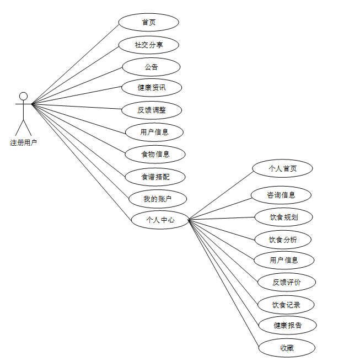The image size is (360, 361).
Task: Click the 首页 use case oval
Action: pyautogui.click(x=148, y=23)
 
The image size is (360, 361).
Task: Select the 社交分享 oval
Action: pyautogui.click(x=149, y=45)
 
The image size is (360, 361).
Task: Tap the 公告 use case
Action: pyautogui.click(x=151, y=67)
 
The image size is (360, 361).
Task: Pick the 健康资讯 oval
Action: pyautogui.click(x=152, y=87)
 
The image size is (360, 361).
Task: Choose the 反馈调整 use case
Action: pyautogui.click(x=152, y=110)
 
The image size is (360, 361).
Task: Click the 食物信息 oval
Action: pyautogui.click(x=155, y=154)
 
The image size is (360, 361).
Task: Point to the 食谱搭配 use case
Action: pyautogui.click(x=155, y=177)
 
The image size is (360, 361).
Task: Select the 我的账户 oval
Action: pyautogui.click(x=157, y=199)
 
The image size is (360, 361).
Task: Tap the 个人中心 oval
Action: pyautogui.click(x=160, y=219)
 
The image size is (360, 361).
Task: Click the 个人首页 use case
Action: pyautogui.click(x=282, y=168)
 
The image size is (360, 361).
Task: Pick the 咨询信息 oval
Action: pyautogui.click(x=281, y=195)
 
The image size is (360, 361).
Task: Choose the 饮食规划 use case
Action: pyautogui.click(x=284, y=217)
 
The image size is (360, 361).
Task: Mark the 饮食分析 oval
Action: pyautogui.click(x=283, y=240)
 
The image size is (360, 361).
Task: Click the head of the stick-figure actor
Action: pyautogui.click(x=23, y=96)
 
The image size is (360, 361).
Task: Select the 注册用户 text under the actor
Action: pyautogui.click(x=23, y=142)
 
